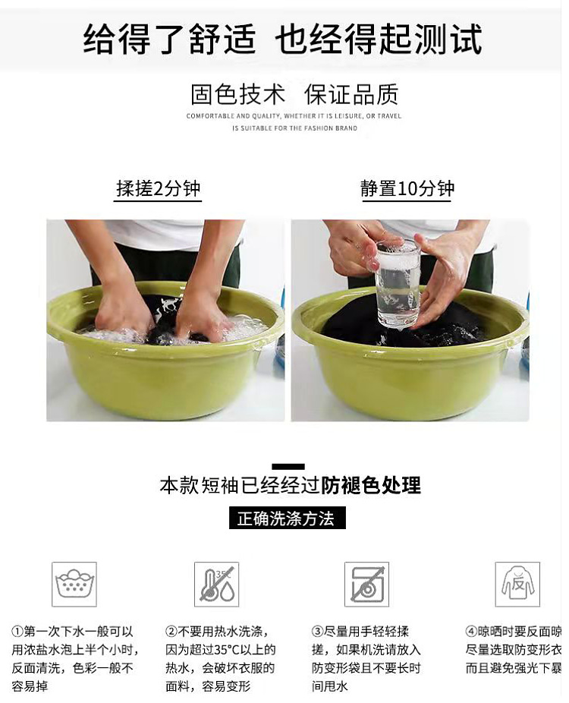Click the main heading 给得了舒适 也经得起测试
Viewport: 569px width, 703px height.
[x=282, y=38]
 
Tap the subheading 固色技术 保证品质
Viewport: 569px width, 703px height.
[x=294, y=95]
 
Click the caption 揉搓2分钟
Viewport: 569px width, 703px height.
[x=158, y=188]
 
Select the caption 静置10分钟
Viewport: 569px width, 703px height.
[x=407, y=188]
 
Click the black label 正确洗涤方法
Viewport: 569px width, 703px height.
[x=287, y=519]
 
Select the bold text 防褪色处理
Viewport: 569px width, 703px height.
[x=371, y=485]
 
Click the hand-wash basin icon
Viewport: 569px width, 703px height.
[x=74, y=584]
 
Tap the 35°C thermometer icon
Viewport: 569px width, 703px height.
[x=216, y=584]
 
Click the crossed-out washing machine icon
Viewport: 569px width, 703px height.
[x=366, y=584]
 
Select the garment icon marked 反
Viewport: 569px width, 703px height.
[x=517, y=584]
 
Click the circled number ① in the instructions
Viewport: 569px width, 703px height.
[x=17, y=632]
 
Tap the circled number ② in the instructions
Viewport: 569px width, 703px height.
[x=171, y=632]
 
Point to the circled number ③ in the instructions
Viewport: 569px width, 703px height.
[x=318, y=632]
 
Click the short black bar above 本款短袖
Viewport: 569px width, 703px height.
[x=288, y=466]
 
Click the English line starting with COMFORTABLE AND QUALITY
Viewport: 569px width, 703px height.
[x=294, y=116]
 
